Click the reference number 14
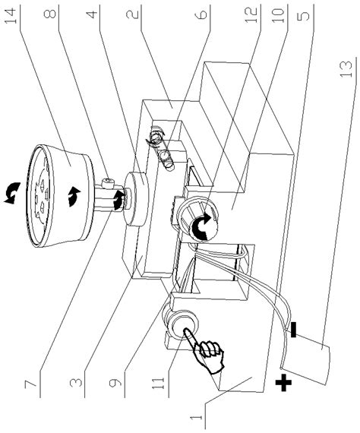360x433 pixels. click(x=13, y=16)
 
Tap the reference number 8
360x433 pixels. click(x=50, y=14)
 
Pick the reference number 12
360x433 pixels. click(x=251, y=14)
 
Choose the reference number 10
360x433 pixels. click(x=278, y=15)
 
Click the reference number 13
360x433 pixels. click(x=346, y=68)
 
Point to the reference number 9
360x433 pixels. click(x=115, y=383)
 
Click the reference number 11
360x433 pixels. click(x=159, y=380)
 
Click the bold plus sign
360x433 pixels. click(x=283, y=382)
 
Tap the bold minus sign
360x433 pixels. click(x=293, y=330)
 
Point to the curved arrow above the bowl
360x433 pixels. click(x=12, y=192)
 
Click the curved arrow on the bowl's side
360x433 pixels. click(x=74, y=196)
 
